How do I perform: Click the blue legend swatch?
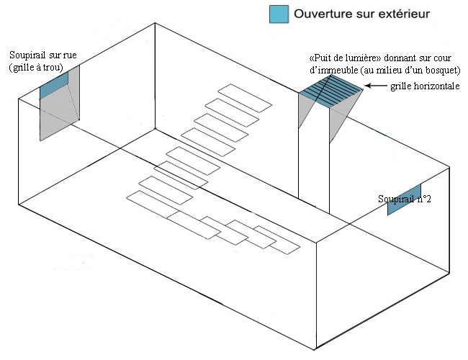click(x=279, y=14)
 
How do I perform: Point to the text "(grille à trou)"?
click(x=37, y=68)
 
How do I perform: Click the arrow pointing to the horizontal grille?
click(x=375, y=86)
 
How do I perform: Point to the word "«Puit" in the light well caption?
click(x=320, y=57)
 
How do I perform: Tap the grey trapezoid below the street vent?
click(x=60, y=115)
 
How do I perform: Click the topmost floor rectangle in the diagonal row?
click(x=246, y=97)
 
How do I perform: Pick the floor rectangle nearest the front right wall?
click(x=278, y=241)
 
